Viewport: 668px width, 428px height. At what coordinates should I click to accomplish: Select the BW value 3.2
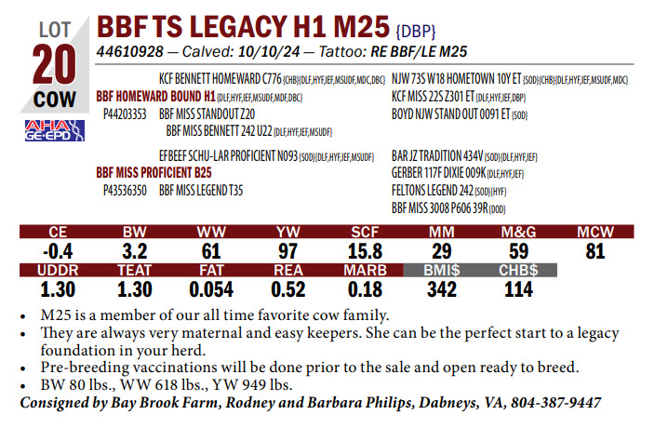tap(134, 250)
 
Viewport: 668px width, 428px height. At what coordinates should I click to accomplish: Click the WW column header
tap(210, 233)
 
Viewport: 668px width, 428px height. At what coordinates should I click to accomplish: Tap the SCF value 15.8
tap(365, 250)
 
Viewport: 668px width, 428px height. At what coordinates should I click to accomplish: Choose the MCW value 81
tap(595, 250)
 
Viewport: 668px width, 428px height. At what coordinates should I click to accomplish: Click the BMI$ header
tap(442, 271)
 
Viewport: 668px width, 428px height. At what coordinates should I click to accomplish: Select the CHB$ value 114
tap(517, 288)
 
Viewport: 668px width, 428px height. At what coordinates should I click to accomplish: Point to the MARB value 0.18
tap(365, 288)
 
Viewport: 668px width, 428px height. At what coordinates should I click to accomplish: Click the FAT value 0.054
tap(210, 288)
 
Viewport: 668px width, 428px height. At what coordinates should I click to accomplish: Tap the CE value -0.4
tap(57, 250)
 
